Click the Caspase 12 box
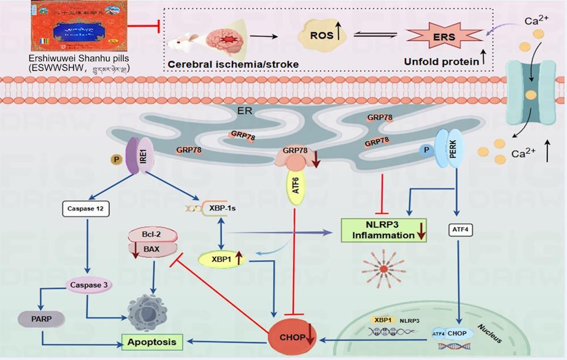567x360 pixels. (86, 209)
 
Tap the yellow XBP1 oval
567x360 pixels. (221, 259)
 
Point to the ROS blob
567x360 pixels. (321, 35)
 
